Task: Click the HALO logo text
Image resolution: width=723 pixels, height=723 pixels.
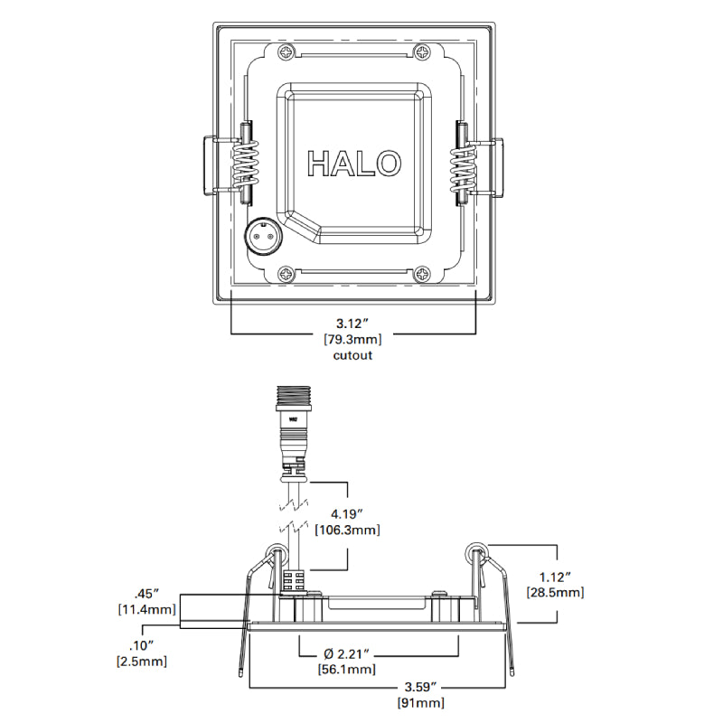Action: pyautogui.click(x=354, y=164)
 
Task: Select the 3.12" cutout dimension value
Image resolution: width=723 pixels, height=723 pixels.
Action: pyautogui.click(x=353, y=323)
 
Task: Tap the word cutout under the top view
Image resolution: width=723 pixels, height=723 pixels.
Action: pyautogui.click(x=353, y=355)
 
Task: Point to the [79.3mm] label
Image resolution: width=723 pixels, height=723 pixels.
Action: pyautogui.click(x=353, y=340)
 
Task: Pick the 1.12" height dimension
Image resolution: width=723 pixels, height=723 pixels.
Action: pyautogui.click(x=555, y=576)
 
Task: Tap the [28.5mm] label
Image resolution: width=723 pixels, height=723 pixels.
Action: pyautogui.click(x=555, y=593)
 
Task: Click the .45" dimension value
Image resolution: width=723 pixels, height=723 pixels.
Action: pyautogui.click(x=146, y=594)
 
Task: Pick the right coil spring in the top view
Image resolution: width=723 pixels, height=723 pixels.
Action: pyautogui.click(x=464, y=162)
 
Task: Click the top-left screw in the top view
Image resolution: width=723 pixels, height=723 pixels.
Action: pyautogui.click(x=287, y=53)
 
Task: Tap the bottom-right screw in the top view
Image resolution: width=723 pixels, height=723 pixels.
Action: pyautogui.click(x=422, y=274)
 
